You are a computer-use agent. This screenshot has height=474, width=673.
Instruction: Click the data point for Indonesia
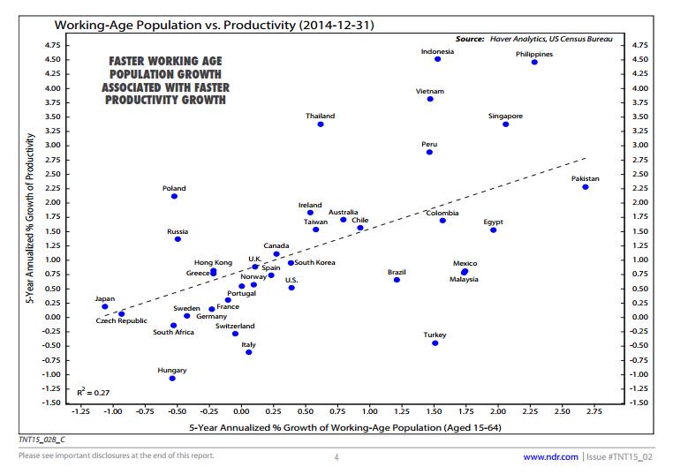(437, 59)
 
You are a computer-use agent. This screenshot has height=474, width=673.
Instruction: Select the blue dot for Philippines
(534, 62)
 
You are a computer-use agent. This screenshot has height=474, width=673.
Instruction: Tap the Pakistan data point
(585, 187)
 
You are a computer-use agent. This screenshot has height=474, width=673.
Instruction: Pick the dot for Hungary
(172, 378)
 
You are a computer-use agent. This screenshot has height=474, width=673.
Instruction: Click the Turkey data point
(435, 342)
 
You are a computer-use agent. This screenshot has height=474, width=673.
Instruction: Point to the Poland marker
(174, 196)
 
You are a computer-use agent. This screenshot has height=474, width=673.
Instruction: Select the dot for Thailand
(321, 124)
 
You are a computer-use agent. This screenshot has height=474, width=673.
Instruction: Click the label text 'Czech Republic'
(122, 321)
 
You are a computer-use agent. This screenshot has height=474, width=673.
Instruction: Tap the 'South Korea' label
(314, 262)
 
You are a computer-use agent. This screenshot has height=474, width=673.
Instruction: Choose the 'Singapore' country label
(505, 116)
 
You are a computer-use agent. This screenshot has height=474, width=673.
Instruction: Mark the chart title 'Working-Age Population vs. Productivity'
(214, 25)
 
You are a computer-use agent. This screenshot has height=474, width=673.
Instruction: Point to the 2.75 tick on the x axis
(593, 411)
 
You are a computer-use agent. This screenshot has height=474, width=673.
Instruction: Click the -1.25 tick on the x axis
(80, 411)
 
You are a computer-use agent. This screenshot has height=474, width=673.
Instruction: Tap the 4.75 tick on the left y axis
(52, 43)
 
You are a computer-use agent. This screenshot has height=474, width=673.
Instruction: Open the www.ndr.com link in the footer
(551, 456)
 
